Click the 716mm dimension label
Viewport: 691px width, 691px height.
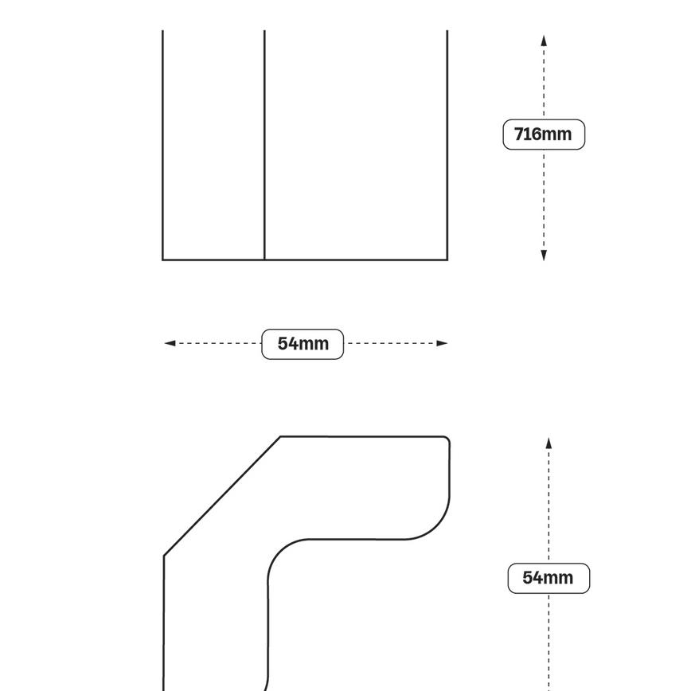pyautogui.click(x=544, y=135)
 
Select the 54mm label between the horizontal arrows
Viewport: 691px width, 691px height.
pyautogui.click(x=303, y=344)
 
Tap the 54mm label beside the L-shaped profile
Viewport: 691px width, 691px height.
pyautogui.click(x=549, y=578)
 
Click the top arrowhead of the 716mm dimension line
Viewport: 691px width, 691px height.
pyautogui.click(x=544, y=41)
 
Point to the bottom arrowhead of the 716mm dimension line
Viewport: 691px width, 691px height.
pyautogui.click(x=544, y=255)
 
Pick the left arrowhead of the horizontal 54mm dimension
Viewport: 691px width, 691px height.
pyautogui.click(x=170, y=344)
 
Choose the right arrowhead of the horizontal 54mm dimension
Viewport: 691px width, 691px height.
pyautogui.click(x=442, y=344)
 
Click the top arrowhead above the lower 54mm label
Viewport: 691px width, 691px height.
pyautogui.click(x=549, y=443)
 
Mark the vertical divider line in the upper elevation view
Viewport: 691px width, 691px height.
pyautogui.click(x=264, y=143)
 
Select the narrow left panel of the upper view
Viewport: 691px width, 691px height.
pyautogui.click(x=213, y=143)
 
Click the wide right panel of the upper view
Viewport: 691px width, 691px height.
pyautogui.click(x=356, y=143)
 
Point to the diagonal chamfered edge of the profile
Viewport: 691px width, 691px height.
pyautogui.click(x=221, y=496)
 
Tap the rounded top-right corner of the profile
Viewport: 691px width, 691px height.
pyautogui.click(x=447, y=439)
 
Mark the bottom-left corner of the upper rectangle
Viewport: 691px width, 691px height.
pyautogui.click(x=163, y=260)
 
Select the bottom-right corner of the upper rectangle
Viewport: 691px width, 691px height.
pyautogui.click(x=447, y=260)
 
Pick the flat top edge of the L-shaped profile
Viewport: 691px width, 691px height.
pyautogui.click(x=362, y=436)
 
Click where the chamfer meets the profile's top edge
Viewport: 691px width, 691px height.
pyautogui.click(x=281, y=436)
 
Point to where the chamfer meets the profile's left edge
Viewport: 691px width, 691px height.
pyautogui.click(x=164, y=556)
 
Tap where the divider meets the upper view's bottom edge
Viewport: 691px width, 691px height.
pyautogui.click(x=264, y=260)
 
